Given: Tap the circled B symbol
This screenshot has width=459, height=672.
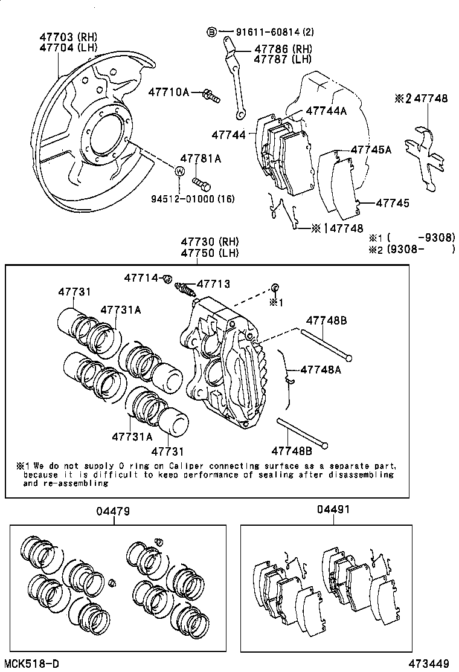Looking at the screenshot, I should (x=211, y=31).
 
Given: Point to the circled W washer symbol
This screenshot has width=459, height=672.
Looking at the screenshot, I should (x=179, y=172).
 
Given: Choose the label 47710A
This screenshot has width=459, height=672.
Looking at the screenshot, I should (x=169, y=92).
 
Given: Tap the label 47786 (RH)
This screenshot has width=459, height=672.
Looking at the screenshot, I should (x=282, y=49).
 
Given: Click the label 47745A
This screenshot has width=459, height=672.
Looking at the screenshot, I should (x=371, y=149).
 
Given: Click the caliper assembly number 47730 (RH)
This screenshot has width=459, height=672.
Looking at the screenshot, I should (x=204, y=242).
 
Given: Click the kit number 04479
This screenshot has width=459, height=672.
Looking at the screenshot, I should (x=112, y=511).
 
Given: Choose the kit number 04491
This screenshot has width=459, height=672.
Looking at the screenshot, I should (x=333, y=509).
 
